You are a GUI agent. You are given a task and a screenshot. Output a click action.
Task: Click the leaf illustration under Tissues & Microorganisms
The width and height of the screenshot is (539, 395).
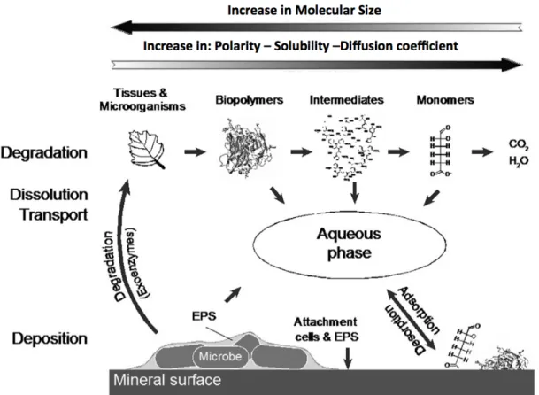click(x=147, y=150)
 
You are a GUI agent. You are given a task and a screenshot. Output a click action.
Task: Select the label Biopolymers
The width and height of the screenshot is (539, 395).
click(x=250, y=100)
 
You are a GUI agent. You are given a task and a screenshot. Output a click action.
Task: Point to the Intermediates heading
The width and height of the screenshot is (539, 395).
click(x=347, y=100)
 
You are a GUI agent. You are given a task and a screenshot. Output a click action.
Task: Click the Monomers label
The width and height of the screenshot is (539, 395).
click(x=445, y=100)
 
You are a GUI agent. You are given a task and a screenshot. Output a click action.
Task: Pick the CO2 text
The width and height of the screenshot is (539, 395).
click(x=519, y=145)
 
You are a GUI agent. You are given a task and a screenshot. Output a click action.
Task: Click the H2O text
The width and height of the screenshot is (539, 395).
click(x=519, y=160)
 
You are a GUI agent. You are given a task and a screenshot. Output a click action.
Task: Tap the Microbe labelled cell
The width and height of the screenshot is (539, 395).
click(x=220, y=356)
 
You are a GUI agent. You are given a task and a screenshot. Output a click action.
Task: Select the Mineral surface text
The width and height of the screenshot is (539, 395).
click(x=167, y=380)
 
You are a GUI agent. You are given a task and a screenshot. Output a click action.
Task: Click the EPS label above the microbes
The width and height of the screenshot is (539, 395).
click(x=204, y=316)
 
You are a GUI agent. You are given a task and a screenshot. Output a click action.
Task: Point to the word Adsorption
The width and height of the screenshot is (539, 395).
click(x=419, y=310)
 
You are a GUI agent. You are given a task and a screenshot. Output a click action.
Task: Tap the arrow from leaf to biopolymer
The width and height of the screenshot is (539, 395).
click(x=195, y=151)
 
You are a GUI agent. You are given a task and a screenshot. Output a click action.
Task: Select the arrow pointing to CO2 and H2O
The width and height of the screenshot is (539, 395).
click(x=482, y=151)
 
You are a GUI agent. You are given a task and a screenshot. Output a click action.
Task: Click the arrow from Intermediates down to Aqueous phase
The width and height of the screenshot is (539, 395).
click(x=354, y=192)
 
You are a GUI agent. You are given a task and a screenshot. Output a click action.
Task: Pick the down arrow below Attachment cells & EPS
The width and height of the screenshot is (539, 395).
click(x=348, y=359)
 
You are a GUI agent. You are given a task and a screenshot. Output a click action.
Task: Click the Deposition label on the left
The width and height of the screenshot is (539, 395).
click(x=50, y=339)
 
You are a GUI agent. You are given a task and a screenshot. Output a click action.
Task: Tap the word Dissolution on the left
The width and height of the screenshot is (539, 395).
click(x=49, y=195)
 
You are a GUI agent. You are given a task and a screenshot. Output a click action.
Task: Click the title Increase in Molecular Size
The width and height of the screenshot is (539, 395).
click(x=304, y=10)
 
